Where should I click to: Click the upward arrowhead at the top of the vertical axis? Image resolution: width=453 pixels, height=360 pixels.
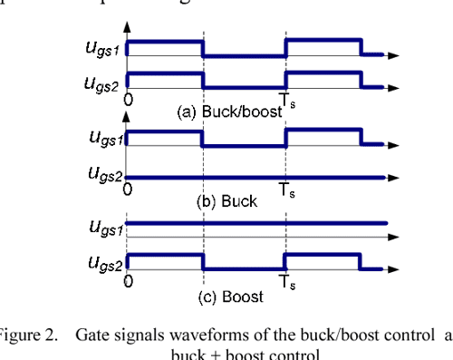coord(126,26)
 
